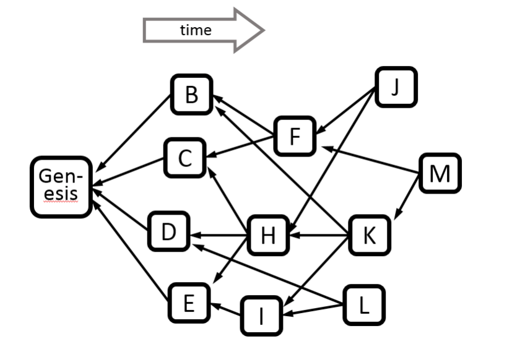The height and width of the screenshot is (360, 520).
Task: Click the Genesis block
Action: pyautogui.click(x=61, y=186)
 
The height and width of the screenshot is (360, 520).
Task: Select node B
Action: pyautogui.click(x=191, y=95)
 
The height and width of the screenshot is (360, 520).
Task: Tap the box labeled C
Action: pyautogui.click(x=184, y=158)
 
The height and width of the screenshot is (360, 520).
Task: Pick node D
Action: pyautogui.click(x=168, y=231)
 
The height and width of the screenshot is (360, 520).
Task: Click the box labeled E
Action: pyautogui.click(x=189, y=302)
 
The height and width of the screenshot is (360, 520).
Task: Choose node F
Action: pyautogui.click(x=295, y=136)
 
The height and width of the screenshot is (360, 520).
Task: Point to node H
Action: pyautogui.click(x=267, y=235)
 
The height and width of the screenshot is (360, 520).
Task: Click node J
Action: pyautogui.click(x=396, y=87)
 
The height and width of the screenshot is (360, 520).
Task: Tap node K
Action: pyautogui.click(x=369, y=235)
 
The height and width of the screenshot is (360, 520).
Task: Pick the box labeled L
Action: pyautogui.click(x=363, y=304)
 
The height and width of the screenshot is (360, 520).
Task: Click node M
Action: pyautogui.click(x=440, y=173)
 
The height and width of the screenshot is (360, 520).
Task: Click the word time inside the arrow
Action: pyautogui.click(x=196, y=30)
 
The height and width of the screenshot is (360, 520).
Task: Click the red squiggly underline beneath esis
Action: pyautogui.click(x=61, y=202)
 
